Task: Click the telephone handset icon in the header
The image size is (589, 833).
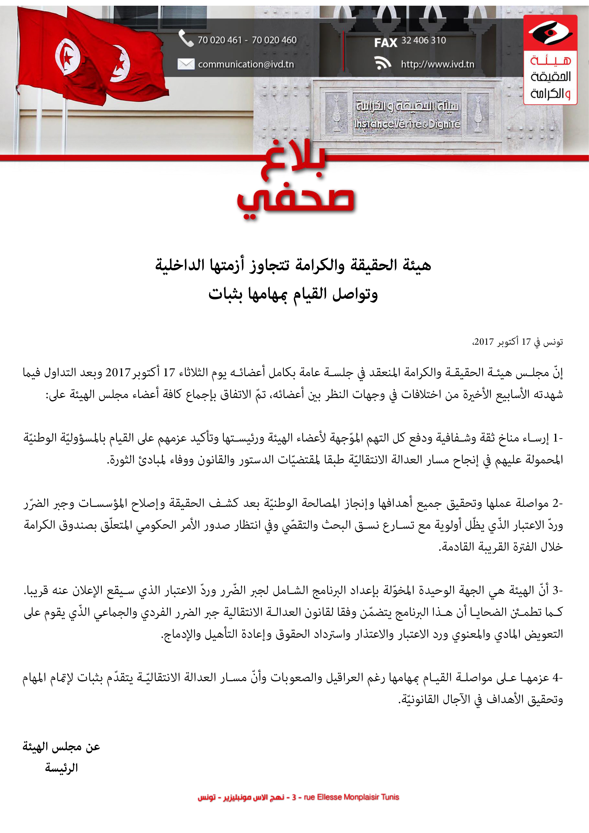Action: point(186,38)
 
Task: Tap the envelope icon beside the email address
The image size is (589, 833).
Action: point(186,64)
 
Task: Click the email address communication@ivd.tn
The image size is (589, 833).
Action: point(246,64)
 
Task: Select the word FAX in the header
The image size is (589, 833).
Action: point(385,43)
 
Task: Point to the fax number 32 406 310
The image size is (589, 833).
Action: point(423,40)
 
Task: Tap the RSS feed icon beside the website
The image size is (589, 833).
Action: point(383,63)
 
